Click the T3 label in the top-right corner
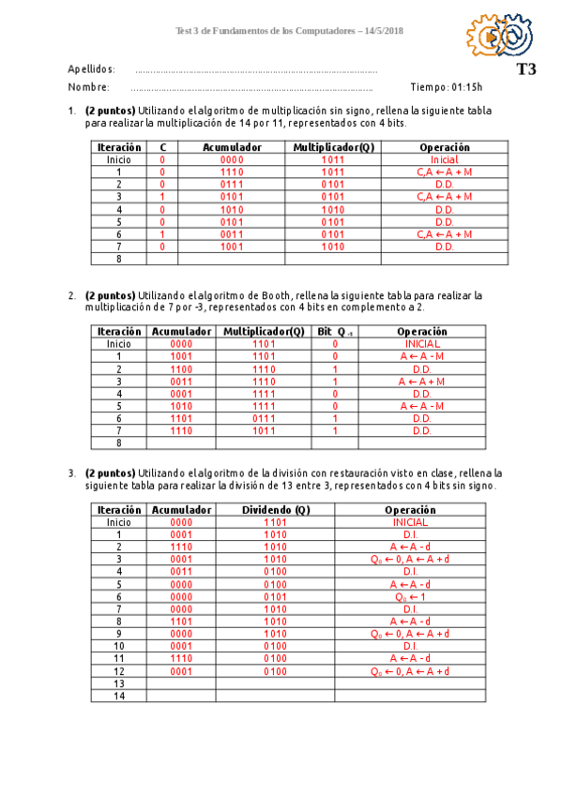coord(525,68)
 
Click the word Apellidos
coord(91,69)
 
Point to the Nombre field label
coord(88,87)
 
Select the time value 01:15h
coord(466,87)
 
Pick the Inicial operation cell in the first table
coord(444,160)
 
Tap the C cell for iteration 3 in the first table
coord(162,197)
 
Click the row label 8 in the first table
coord(118,259)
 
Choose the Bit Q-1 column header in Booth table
coord(336,331)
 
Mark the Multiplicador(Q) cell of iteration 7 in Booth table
coord(265,430)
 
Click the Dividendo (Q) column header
coord(275,509)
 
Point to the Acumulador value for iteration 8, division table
coord(181,621)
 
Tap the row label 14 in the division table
coord(118,696)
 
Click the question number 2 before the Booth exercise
coord(71,295)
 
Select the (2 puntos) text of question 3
coord(110,473)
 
